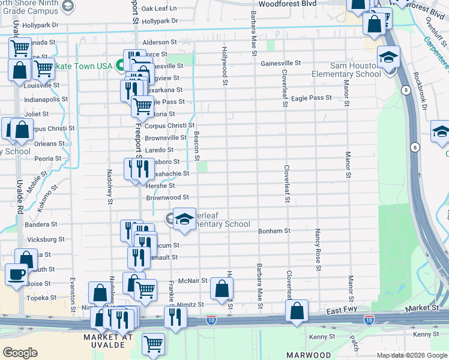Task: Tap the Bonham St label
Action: (x=274, y=230)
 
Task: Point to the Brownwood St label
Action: (x=167, y=197)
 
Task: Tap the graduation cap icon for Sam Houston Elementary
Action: (x=388, y=58)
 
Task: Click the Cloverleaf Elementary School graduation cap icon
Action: (x=185, y=218)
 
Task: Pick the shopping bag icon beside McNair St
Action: (x=221, y=289)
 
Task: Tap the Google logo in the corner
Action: (x=20, y=353)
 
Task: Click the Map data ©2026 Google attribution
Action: (x=411, y=355)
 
